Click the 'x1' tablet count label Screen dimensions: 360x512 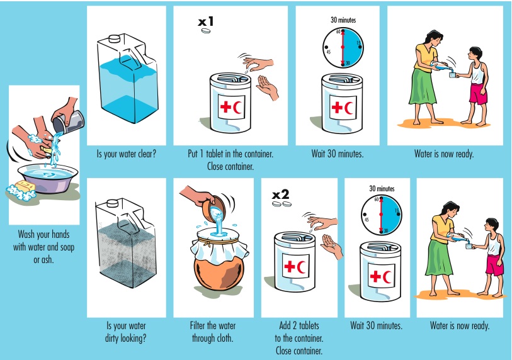[206, 22]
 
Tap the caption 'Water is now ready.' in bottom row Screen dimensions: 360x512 [459, 325]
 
